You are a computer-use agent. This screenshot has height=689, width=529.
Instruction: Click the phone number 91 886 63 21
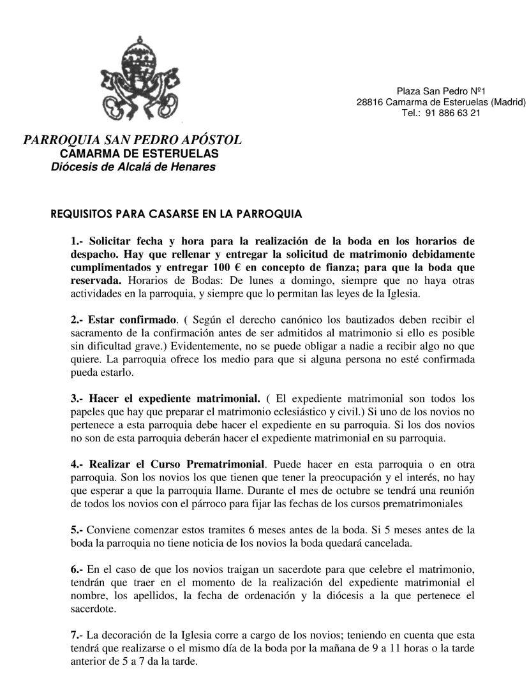pyautogui.click(x=452, y=113)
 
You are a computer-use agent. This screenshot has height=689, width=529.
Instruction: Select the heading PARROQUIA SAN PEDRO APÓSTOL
pyautogui.click(x=133, y=140)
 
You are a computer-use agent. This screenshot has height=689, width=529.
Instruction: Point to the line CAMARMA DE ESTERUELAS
pyautogui.click(x=139, y=154)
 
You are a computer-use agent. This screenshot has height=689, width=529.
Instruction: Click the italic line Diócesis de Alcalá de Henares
pyautogui.click(x=133, y=167)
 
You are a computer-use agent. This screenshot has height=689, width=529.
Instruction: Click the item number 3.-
pyautogui.click(x=78, y=398)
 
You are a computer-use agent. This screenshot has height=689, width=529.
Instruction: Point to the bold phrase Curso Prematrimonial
pyautogui.click(x=216, y=464)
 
